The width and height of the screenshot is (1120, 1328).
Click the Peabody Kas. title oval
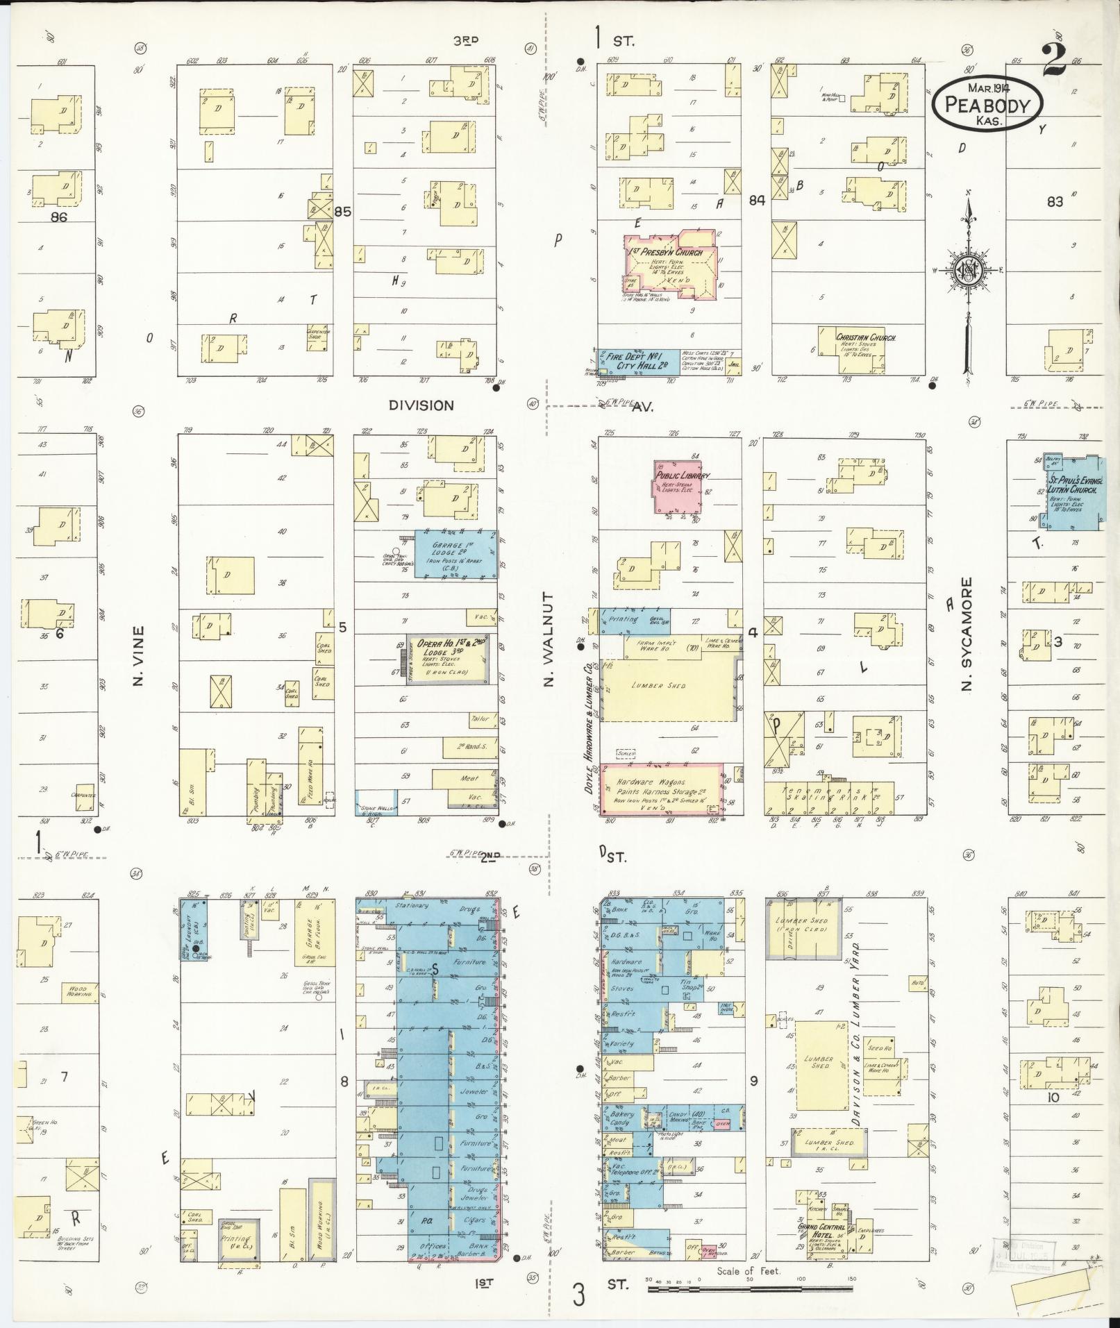tap(987, 103)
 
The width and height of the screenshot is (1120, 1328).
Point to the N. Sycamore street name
tap(966, 634)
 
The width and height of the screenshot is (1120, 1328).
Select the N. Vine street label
tap(138, 656)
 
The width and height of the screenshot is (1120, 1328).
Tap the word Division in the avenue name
tap(421, 405)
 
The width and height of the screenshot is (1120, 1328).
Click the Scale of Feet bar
tap(750, 1288)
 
